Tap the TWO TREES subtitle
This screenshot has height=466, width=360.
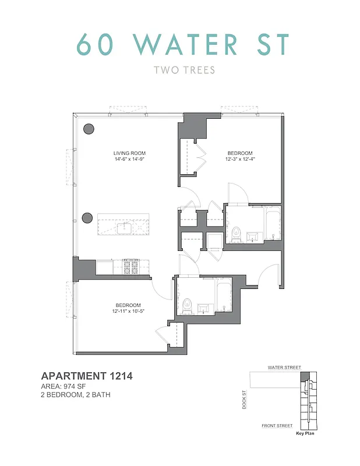pyautogui.click(x=184, y=70)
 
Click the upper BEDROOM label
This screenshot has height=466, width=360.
pyautogui.click(x=239, y=154)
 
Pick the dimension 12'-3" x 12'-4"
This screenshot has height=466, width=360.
pyautogui.click(x=239, y=160)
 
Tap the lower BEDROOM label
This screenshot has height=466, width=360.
pyautogui.click(x=128, y=305)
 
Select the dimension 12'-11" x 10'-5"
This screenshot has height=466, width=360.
pyautogui.click(x=128, y=311)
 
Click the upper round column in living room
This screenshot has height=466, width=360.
pyautogui.click(x=89, y=129)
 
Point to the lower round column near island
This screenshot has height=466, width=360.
pyautogui.click(x=87, y=218)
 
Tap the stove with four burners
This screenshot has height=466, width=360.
pyautogui.click(x=130, y=267)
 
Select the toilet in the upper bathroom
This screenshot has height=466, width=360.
pyautogui.click(x=236, y=234)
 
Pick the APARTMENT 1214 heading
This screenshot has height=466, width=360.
pyautogui.click(x=87, y=376)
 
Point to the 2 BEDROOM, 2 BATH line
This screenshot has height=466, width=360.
pyautogui.click(x=76, y=395)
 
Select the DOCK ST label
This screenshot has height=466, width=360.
pyautogui.click(x=245, y=400)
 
